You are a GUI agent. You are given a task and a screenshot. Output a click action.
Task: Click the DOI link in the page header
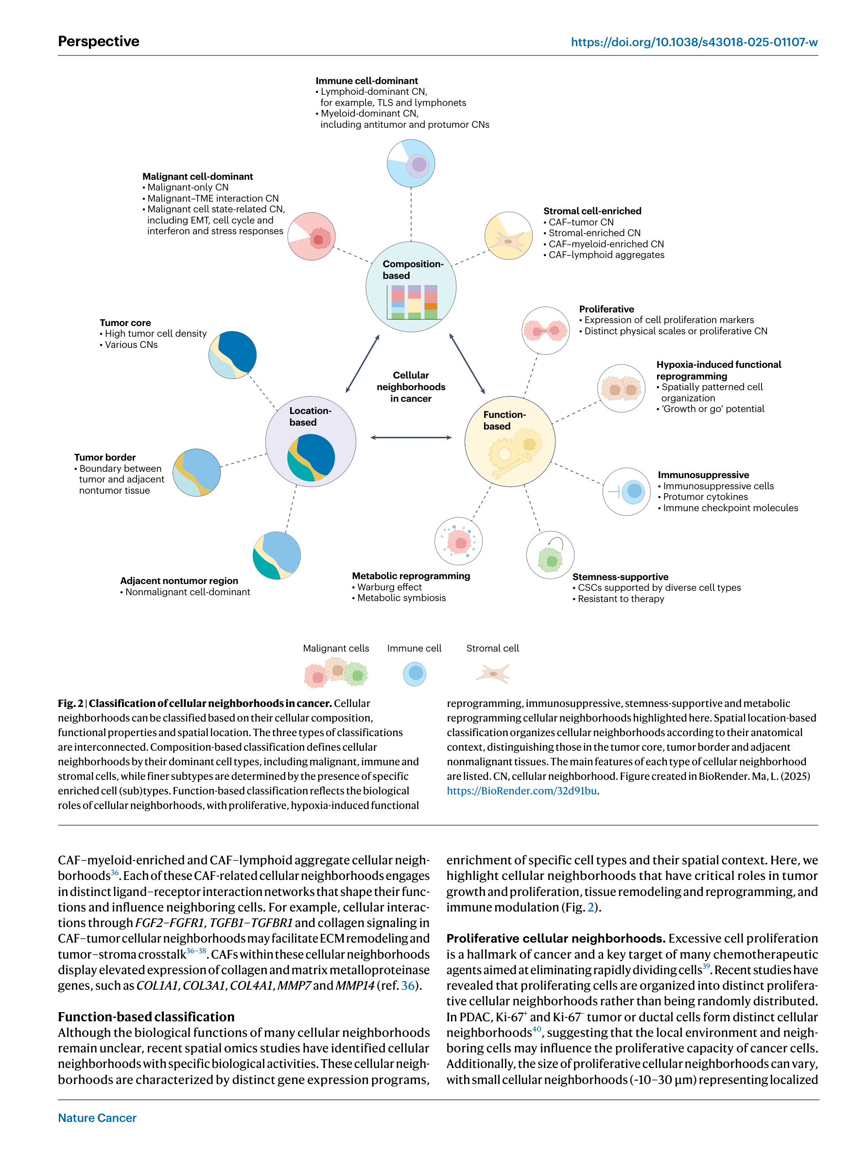click(694, 42)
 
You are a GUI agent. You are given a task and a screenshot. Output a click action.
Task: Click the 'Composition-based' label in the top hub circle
click(412, 270)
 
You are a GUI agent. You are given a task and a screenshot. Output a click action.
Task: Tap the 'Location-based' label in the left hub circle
click(310, 416)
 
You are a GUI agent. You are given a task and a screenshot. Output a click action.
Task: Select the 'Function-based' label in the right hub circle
click(504, 420)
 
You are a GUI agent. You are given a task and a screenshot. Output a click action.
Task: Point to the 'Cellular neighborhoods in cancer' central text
click(411, 387)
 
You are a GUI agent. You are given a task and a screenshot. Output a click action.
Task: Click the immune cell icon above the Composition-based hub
click(411, 163)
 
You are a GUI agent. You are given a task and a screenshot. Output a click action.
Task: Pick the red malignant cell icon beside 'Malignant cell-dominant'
click(312, 237)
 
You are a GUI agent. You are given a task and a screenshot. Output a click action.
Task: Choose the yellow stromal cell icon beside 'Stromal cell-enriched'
click(508, 236)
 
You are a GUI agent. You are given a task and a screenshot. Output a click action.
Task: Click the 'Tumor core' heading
click(125, 323)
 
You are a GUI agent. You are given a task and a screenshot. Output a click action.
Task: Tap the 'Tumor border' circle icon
click(196, 472)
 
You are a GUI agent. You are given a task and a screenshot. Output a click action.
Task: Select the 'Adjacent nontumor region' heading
click(179, 581)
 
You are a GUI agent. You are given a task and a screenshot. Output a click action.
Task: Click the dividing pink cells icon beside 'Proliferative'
click(545, 330)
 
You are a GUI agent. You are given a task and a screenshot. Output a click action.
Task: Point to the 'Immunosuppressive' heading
click(703, 475)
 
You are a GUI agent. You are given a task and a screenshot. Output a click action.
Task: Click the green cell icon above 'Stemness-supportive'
click(550, 556)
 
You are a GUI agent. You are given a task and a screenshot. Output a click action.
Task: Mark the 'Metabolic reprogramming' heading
click(411, 575)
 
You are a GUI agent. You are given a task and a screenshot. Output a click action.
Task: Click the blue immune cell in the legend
click(415, 674)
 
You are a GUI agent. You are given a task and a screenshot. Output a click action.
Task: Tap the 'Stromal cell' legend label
click(492, 648)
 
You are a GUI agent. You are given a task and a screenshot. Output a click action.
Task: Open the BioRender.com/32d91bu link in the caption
click(522, 791)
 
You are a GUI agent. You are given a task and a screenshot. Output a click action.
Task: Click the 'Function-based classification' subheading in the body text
click(146, 1016)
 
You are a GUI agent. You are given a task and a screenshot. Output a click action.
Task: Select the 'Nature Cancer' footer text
click(97, 1118)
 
